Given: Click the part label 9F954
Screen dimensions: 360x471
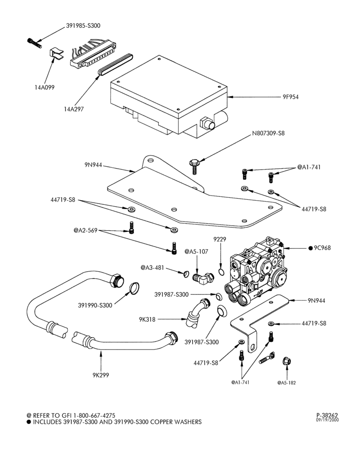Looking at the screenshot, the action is tap(290, 97).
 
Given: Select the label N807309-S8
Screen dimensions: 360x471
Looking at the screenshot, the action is tap(268, 133).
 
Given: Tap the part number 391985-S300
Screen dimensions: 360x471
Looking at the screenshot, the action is tap(83, 26).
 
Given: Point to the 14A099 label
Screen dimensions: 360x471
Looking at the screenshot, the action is tap(44, 88).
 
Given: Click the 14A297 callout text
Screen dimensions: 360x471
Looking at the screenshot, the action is tap(74, 109).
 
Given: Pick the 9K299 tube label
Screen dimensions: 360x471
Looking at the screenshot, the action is tap(101, 375).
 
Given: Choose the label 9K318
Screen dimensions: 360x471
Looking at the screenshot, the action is tap(147, 320).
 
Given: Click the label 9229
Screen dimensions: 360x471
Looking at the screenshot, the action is tap(220, 239).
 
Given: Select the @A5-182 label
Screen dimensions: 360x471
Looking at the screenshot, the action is tap(286, 382).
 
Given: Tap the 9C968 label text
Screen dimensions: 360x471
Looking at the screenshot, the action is tap(322, 248).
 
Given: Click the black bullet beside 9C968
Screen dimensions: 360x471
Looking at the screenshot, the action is tap(311, 248).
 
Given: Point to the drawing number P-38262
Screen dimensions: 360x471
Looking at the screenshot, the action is tap(327, 416).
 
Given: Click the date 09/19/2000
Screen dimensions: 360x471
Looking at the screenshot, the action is tap(327, 420).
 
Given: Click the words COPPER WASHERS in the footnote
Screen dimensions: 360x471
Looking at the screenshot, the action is tap(176, 422).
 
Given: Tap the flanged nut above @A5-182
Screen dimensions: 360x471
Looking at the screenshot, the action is tap(286, 361).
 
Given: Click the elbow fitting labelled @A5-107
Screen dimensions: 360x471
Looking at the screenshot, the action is tap(203, 278).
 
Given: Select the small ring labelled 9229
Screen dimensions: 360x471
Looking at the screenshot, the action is tap(221, 272).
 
